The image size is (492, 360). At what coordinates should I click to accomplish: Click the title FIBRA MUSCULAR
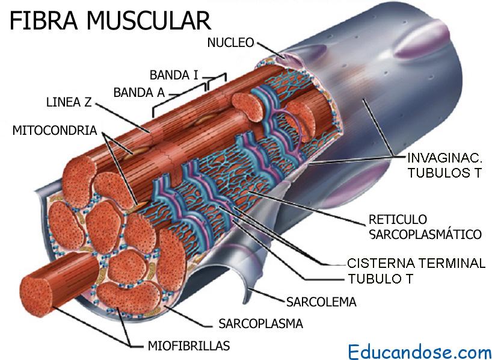(x=110, y=20)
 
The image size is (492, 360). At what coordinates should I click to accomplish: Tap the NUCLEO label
(x=230, y=43)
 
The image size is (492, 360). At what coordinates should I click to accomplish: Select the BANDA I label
(x=174, y=75)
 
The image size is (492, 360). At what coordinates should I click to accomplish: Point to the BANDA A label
(x=139, y=93)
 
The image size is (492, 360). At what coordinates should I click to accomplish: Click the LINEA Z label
(x=69, y=102)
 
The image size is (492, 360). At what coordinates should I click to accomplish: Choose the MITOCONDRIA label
(x=55, y=131)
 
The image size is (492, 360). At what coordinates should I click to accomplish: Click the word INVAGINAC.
(x=444, y=157)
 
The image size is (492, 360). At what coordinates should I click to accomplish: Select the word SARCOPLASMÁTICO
(x=425, y=234)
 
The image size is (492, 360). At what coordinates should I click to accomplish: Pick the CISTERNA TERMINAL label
(x=416, y=263)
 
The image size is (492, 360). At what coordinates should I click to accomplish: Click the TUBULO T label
(x=380, y=279)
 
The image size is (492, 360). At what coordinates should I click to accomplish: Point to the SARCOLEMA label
(x=321, y=302)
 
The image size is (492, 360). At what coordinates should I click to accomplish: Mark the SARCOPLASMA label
(x=261, y=323)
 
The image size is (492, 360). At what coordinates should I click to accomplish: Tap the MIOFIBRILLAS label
(x=189, y=346)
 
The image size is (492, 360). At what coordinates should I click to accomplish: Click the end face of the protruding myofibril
(x=35, y=296)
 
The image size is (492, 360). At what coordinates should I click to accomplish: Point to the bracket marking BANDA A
(x=180, y=100)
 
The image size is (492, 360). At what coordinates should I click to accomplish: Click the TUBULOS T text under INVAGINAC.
(x=444, y=173)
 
